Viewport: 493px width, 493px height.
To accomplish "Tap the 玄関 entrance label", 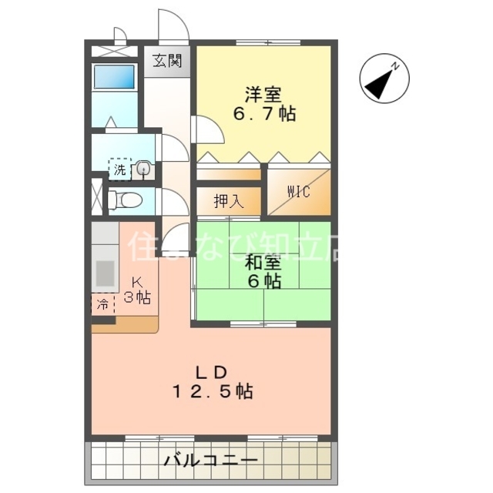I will pos(166,61).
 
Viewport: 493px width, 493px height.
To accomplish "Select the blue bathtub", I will pos(114,78).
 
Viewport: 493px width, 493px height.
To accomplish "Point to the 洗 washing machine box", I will pos(120,170).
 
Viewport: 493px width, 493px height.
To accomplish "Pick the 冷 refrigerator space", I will pos(102,304).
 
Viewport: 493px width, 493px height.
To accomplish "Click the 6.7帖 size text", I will pos(265,114).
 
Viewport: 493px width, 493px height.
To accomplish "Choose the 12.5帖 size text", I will pos(211,391).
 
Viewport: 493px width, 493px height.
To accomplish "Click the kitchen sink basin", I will pos(104,274).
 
